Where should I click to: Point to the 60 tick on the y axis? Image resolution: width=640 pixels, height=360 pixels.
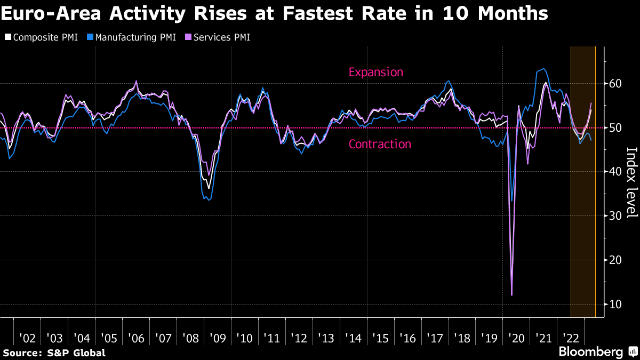click(x=615, y=83)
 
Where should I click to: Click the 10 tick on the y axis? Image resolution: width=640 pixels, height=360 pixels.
click(x=615, y=304)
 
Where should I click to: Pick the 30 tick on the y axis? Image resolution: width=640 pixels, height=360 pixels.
click(x=615, y=215)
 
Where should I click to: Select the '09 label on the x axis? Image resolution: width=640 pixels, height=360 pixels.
click(x=218, y=338)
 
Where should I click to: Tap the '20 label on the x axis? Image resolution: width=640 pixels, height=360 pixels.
click(x=517, y=338)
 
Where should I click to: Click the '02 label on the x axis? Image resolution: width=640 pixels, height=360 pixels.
click(x=27, y=338)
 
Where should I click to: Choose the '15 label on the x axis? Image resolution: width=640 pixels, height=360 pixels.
click(x=381, y=338)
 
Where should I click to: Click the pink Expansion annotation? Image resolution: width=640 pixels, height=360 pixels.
click(x=375, y=72)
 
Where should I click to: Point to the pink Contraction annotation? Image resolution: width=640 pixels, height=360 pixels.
click(x=379, y=144)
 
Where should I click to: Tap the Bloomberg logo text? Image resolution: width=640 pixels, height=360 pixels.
click(x=590, y=352)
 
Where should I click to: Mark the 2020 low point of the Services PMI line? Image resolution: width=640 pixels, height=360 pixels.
click(x=511, y=294)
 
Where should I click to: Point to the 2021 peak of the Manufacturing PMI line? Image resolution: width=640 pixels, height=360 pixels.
click(x=543, y=69)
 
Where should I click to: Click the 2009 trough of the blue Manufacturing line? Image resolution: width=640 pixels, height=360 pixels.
click(x=208, y=200)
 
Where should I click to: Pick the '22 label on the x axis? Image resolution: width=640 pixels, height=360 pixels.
click(x=571, y=338)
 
